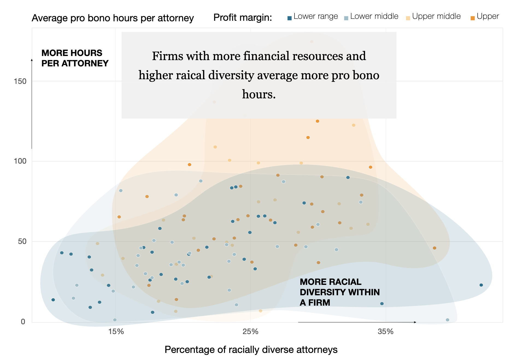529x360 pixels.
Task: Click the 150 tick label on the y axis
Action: click(20, 81)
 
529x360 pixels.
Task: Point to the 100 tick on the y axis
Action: click(20, 161)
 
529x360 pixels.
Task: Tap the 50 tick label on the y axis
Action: click(22, 241)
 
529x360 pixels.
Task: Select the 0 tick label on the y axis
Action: click(23, 321)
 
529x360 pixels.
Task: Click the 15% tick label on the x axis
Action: click(116, 332)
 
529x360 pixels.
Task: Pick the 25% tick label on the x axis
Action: click(250, 332)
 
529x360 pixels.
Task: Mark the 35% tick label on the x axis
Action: click(386, 332)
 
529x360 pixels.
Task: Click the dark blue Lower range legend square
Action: click(289, 18)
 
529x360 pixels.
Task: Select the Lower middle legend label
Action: click(374, 16)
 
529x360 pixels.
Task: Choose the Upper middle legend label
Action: click(436, 16)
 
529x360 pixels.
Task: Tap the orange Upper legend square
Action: click(472, 18)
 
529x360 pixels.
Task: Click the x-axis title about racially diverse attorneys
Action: click(251, 350)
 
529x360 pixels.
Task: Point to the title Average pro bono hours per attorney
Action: click(113, 18)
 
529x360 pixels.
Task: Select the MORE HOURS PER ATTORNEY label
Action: click(75, 58)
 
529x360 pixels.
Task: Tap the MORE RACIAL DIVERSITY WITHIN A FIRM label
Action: click(339, 292)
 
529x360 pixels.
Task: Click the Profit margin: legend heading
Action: click(242, 17)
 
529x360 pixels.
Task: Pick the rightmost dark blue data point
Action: click(481, 285)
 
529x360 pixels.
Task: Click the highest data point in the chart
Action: click(311, 42)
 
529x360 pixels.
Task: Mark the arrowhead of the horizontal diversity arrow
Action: click(415, 322)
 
